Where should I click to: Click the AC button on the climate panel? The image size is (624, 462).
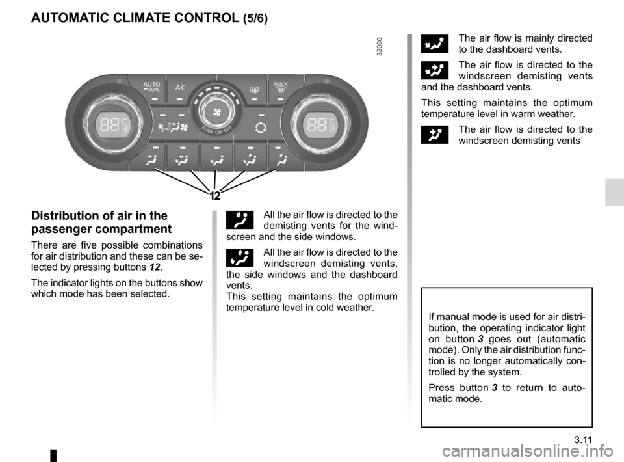pyautogui.click(x=179, y=88)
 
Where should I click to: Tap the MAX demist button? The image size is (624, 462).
pyautogui.click(x=281, y=87)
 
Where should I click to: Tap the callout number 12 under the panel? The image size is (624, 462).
pyautogui.click(x=216, y=196)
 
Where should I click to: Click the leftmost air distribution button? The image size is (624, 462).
pyautogui.click(x=150, y=159)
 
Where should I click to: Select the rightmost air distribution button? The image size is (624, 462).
pyautogui.click(x=280, y=159)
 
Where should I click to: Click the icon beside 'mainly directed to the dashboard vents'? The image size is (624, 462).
pyautogui.click(x=434, y=44)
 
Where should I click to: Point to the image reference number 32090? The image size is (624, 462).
pyautogui.click(x=379, y=46)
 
